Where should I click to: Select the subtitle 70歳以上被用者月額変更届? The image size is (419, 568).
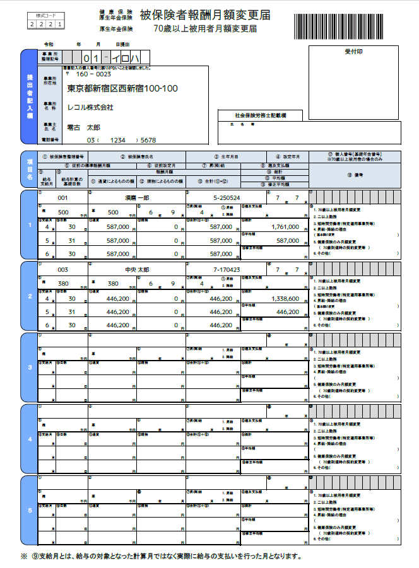point(197,28)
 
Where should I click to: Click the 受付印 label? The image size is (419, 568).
point(354,51)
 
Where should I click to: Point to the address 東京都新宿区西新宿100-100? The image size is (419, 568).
point(122,89)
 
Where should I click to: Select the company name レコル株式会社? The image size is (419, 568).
point(91,108)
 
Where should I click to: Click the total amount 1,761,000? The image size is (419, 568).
point(281,226)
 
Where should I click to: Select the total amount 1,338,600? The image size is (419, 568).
point(281,298)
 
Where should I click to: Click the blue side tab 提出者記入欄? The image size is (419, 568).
point(30,96)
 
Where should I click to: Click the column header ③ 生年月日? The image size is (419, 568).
point(225,156)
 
